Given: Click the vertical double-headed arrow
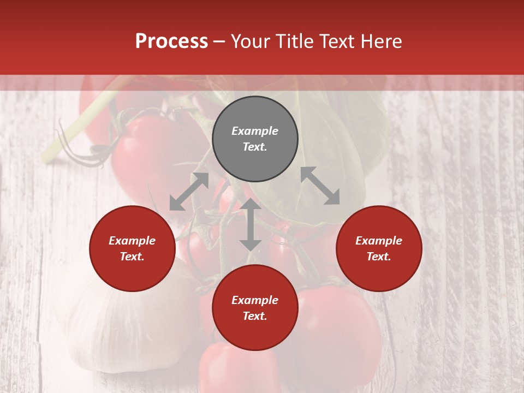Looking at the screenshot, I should point(251,224).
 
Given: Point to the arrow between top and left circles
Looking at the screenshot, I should point(189,192).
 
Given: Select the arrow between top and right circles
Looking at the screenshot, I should point(320,186).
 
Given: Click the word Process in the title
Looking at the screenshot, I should point(171,41).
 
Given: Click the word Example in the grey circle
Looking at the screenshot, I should point(255,131).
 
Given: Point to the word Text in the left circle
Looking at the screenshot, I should point(132,257).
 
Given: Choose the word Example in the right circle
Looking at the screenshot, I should point(379,241).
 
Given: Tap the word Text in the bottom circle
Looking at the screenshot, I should point(255,316).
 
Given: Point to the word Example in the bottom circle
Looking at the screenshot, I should point(255,300).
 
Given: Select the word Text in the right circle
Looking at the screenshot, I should point(379,257).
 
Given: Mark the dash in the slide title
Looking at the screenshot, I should point(219,41).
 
